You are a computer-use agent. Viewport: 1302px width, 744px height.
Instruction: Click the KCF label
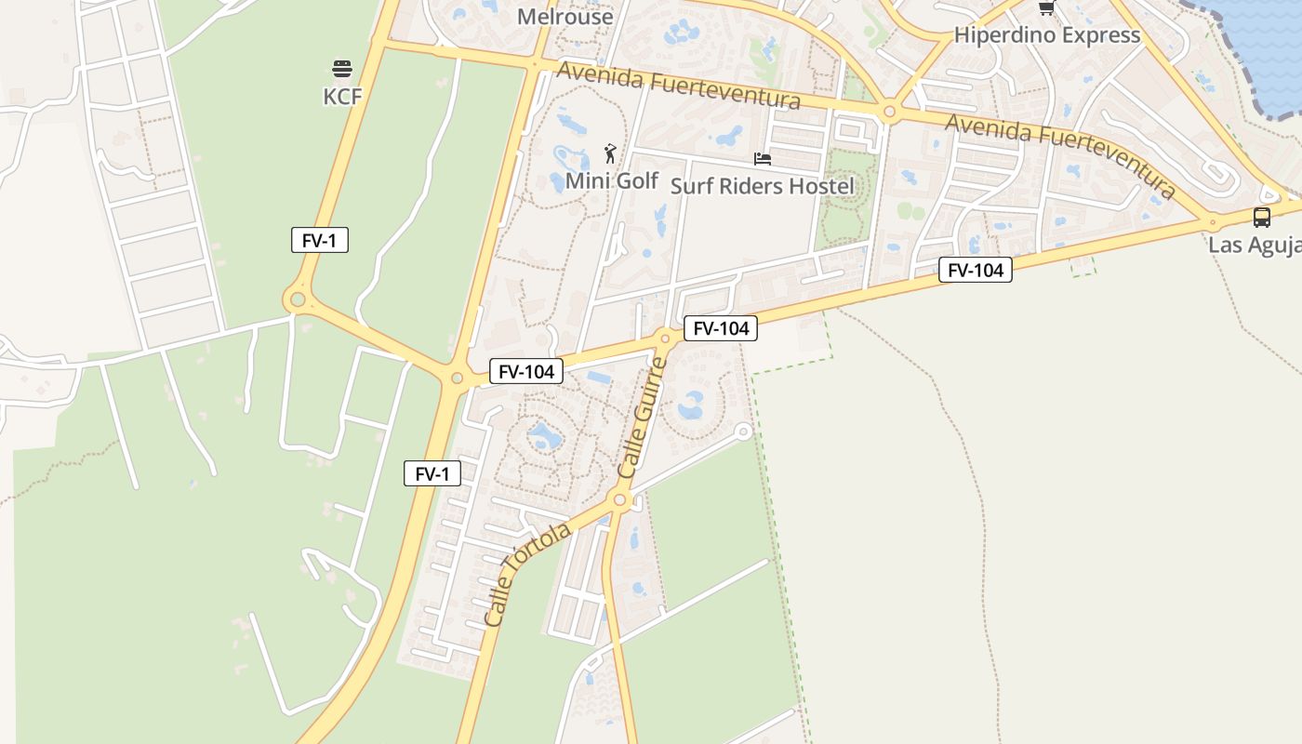342,97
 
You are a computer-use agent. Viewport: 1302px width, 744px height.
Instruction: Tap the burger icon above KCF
342,68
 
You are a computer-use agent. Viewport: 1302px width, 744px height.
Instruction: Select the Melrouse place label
565,17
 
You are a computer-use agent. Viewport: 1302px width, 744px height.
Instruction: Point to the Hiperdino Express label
1047,35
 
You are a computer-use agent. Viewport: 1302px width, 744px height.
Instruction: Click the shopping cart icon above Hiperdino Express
1046,8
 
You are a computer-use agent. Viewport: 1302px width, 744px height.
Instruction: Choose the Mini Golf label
612,180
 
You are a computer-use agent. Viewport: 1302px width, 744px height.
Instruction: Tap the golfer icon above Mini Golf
610,153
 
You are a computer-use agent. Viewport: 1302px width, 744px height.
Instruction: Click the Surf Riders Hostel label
762,186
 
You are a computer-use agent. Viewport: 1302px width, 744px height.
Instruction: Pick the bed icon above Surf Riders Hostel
763,159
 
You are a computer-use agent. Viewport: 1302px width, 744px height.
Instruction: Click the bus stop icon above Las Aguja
1262,218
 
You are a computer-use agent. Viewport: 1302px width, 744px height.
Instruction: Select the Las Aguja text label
1255,246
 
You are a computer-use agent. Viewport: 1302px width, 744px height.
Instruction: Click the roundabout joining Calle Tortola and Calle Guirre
620,501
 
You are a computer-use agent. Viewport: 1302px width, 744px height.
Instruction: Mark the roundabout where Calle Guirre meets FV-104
664,336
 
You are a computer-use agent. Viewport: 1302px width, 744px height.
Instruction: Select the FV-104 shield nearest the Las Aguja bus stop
975,270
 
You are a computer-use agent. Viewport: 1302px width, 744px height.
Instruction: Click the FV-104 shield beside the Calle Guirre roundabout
721,327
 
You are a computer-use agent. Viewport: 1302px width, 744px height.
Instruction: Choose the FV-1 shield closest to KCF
319,240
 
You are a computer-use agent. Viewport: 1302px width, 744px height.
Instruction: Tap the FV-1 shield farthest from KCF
432,473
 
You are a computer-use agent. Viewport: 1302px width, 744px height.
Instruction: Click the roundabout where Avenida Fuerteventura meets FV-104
1213,221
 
